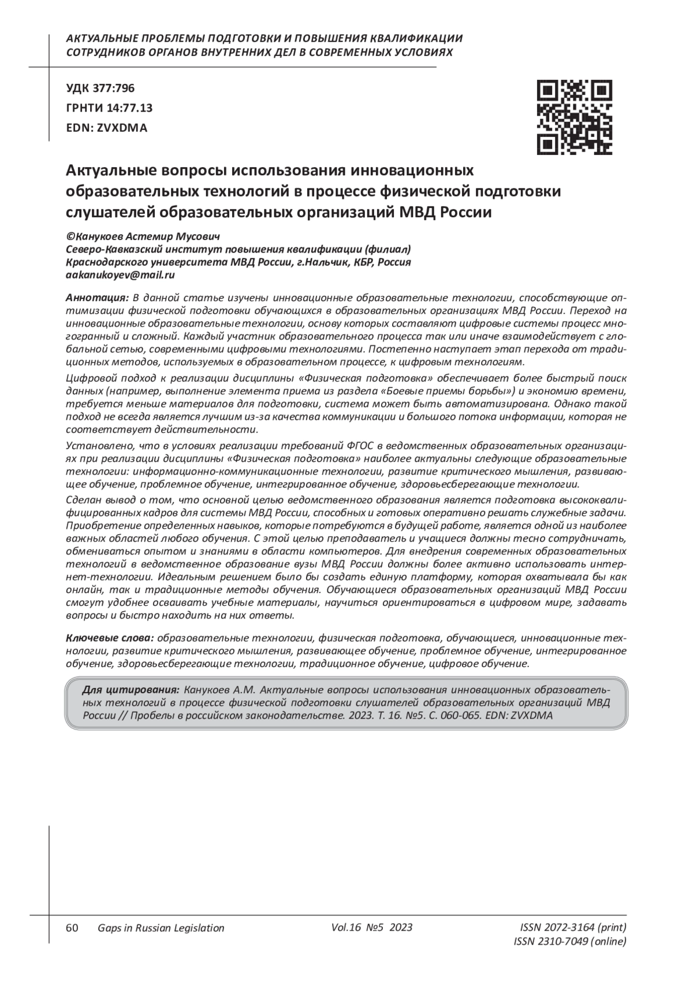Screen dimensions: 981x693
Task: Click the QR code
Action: point(575,117)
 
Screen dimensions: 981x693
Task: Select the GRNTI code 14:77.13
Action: point(129,108)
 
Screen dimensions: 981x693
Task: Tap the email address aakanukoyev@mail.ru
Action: point(121,275)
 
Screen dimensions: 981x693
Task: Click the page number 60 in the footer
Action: point(72,928)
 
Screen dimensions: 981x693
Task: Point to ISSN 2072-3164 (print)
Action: point(573,928)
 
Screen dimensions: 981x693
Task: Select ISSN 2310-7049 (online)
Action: point(569,942)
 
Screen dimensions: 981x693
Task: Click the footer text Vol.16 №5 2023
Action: point(372,927)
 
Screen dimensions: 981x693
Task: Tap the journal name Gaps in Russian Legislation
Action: point(161,928)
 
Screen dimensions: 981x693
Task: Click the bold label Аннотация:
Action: point(97,298)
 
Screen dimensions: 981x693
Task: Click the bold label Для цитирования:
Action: point(131,690)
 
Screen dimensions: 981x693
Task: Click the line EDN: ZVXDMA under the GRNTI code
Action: point(107,128)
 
